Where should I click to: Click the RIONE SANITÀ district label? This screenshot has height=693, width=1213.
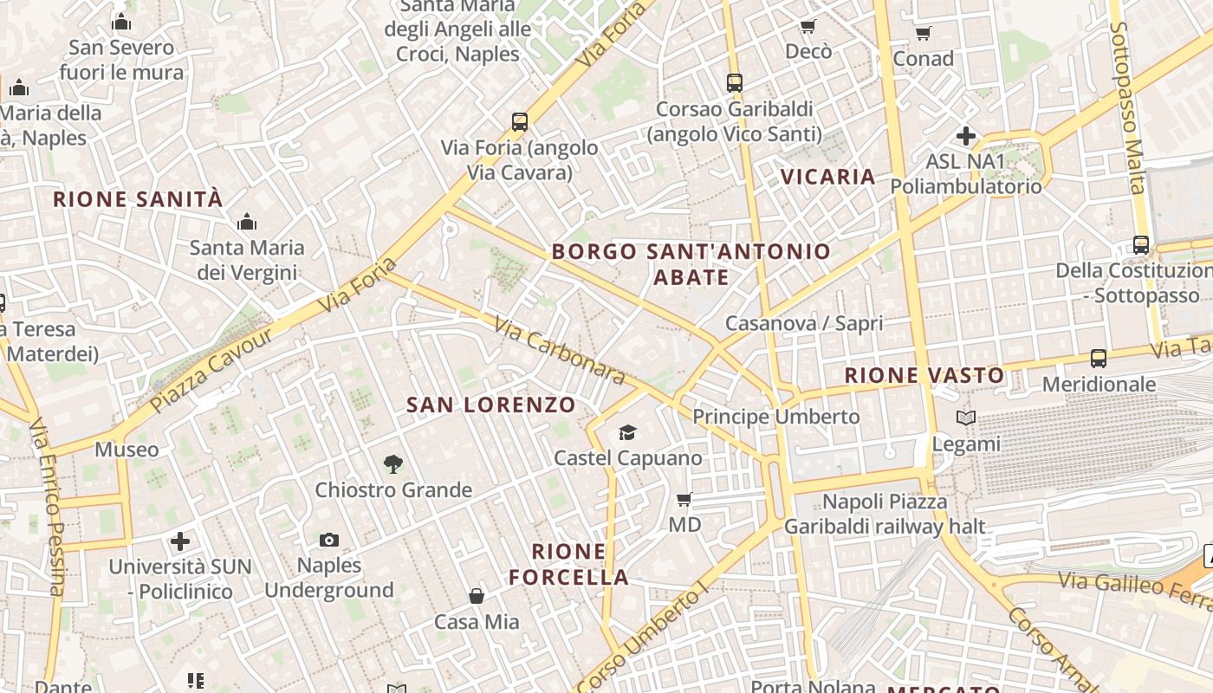[x=138, y=199]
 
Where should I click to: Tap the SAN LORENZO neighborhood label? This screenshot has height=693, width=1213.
[x=490, y=405]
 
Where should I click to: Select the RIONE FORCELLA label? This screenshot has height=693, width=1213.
[x=568, y=564]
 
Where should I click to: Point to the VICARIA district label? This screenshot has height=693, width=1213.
[x=828, y=177]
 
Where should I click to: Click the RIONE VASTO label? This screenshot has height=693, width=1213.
[x=924, y=375]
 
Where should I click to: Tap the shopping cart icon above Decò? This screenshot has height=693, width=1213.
[x=808, y=27]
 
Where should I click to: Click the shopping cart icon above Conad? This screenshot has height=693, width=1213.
[x=924, y=34]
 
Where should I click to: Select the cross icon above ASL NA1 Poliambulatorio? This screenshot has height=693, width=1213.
[x=966, y=136]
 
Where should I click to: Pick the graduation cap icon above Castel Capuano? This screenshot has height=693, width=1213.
[x=627, y=432]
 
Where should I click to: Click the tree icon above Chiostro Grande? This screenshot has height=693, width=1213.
[x=393, y=464]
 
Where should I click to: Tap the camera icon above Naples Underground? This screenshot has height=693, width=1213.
[x=329, y=541]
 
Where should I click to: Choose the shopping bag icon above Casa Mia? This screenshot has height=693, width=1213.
[x=477, y=596]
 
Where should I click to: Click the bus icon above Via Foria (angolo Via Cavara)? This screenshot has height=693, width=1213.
[x=520, y=122]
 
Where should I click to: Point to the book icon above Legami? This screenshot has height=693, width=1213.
[x=966, y=418]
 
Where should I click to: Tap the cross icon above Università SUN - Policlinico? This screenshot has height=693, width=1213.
[x=180, y=541]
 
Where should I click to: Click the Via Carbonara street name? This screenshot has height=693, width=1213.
[x=559, y=350]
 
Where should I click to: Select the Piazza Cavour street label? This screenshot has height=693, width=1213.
[x=211, y=368]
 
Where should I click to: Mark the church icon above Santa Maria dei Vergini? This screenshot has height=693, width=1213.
[x=247, y=223]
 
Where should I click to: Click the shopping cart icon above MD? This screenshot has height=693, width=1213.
[x=684, y=499]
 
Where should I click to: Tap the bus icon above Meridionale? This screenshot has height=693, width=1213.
[x=1099, y=358]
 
